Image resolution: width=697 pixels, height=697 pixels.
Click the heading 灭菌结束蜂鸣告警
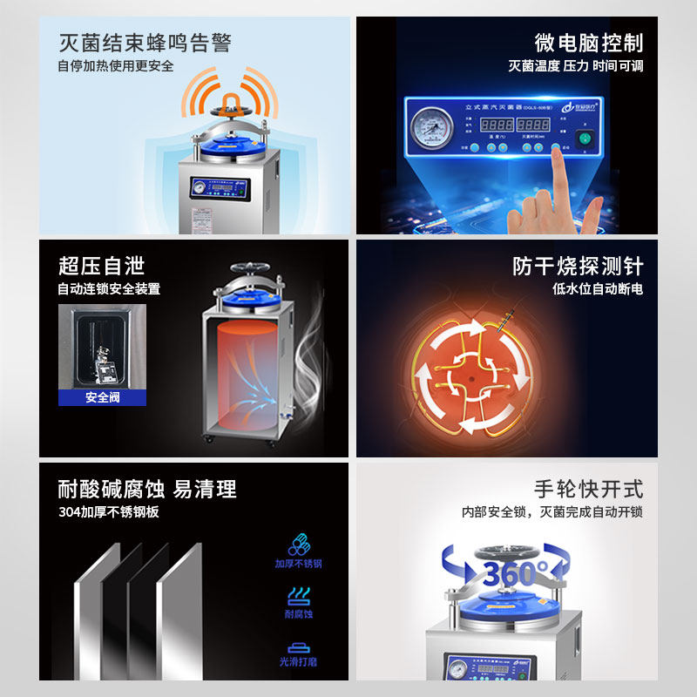(145, 43)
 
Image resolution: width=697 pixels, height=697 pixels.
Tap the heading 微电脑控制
(589, 43)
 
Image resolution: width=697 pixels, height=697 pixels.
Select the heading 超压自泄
(101, 265)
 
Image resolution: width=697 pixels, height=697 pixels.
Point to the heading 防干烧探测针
(578, 265)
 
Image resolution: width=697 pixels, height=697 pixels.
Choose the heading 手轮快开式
(589, 489)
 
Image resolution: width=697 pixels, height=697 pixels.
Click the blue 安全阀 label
(103, 397)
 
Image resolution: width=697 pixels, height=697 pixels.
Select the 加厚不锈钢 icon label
(298, 564)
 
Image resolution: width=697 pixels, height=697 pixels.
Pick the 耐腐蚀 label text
(299, 614)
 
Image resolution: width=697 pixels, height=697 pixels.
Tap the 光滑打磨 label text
(299, 662)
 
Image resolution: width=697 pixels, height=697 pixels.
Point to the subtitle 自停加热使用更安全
(116, 66)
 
